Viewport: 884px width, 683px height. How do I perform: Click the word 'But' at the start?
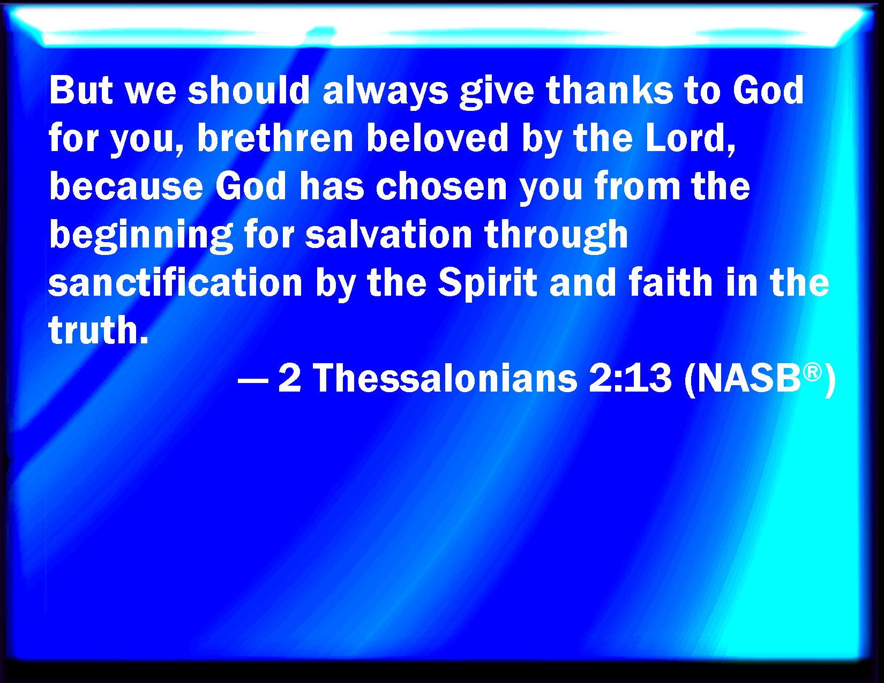tap(80, 90)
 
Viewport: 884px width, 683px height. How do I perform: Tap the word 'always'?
tap(385, 92)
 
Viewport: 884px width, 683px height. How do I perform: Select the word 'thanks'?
tap(609, 90)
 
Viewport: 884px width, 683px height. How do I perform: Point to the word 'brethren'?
tap(275, 138)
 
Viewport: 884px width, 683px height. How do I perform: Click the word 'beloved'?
tap(437, 138)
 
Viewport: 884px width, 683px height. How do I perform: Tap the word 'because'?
tap(126, 186)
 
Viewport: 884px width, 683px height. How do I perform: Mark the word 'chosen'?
tap(441, 186)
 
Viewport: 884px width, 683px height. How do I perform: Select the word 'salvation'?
tap(388, 234)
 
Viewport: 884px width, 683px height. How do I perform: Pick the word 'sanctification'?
tap(175, 282)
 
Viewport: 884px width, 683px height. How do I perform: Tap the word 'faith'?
tap(670, 282)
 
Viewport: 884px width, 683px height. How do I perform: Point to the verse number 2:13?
tap(630, 378)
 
